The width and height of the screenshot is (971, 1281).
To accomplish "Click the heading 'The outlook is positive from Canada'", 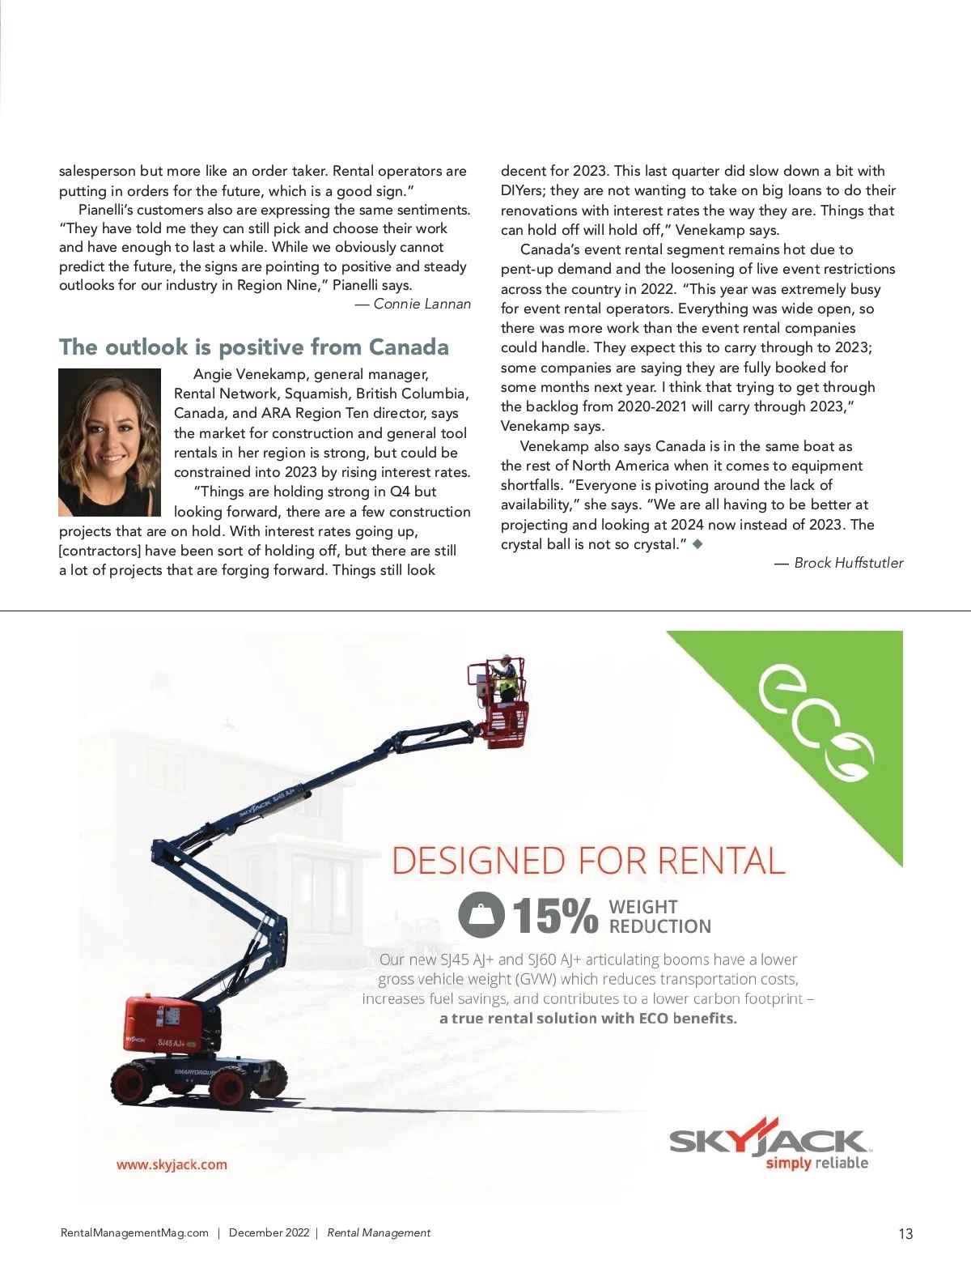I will pos(253,347).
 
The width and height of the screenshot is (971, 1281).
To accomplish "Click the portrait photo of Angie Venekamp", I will pos(109,442).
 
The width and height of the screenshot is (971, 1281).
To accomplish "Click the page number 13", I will pos(905,1233).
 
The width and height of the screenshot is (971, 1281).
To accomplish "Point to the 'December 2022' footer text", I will pos(269,1232).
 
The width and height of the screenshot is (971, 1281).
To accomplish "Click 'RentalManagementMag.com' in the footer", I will pos(134,1232).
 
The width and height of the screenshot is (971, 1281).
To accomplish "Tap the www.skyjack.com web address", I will pos(172,1164).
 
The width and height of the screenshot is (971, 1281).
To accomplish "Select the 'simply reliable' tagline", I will pos(816,1164).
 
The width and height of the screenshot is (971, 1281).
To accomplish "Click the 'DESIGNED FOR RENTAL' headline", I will pos(588,861).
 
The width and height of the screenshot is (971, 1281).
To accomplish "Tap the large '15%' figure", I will pos(555,916).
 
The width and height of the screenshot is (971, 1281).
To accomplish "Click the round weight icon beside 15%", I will pos(481,915).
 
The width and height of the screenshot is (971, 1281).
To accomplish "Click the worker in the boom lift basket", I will pos(506,677).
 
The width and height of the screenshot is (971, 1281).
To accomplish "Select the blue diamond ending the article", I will pos(698,544).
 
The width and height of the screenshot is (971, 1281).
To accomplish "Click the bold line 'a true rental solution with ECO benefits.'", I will pos(588,1019).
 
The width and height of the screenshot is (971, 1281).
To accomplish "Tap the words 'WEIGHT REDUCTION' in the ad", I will pos(659,917).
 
